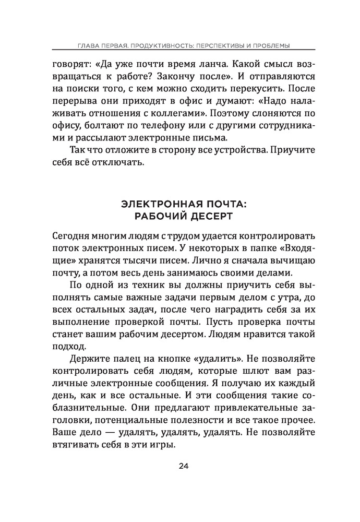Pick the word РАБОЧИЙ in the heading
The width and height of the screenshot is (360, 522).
click(x=151, y=216)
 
